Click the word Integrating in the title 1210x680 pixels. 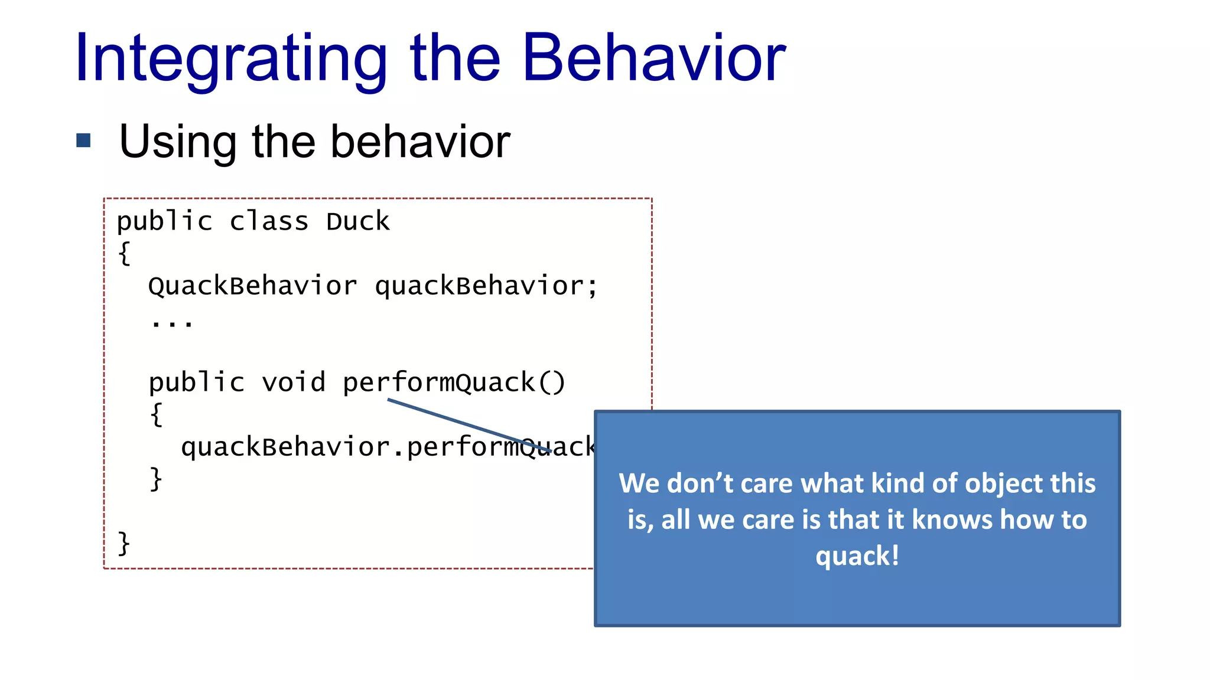tap(230, 59)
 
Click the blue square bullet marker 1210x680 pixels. tap(83, 140)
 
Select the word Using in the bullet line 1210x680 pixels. tap(177, 142)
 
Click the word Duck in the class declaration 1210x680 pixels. tap(357, 222)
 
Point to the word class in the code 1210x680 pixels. tap(269, 222)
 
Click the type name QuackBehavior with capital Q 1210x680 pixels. tap(252, 286)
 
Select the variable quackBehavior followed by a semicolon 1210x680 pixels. tap(486, 286)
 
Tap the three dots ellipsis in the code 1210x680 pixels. tap(171, 322)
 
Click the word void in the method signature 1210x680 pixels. tap(293, 382)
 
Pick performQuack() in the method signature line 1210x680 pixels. tap(454, 382)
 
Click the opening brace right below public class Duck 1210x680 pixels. tap(124, 254)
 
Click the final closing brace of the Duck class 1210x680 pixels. tap(124, 543)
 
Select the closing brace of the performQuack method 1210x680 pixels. tap(156, 479)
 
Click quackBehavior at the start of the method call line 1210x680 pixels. tap(285, 447)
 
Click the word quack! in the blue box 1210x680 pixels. tap(857, 556)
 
